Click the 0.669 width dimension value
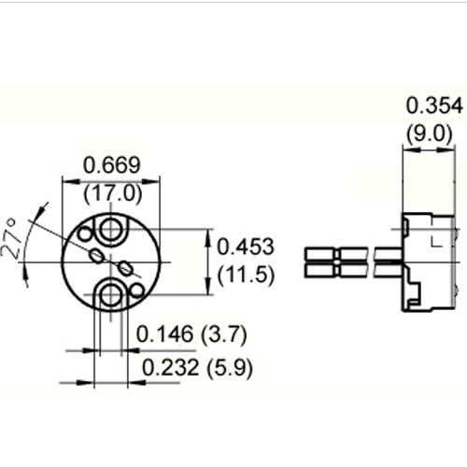click(112, 166)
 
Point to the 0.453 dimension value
click(246, 248)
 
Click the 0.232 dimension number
click(173, 368)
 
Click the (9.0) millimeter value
click(431, 133)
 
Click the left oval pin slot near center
click(97, 253)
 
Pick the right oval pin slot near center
click(127, 271)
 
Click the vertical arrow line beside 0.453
click(207, 262)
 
